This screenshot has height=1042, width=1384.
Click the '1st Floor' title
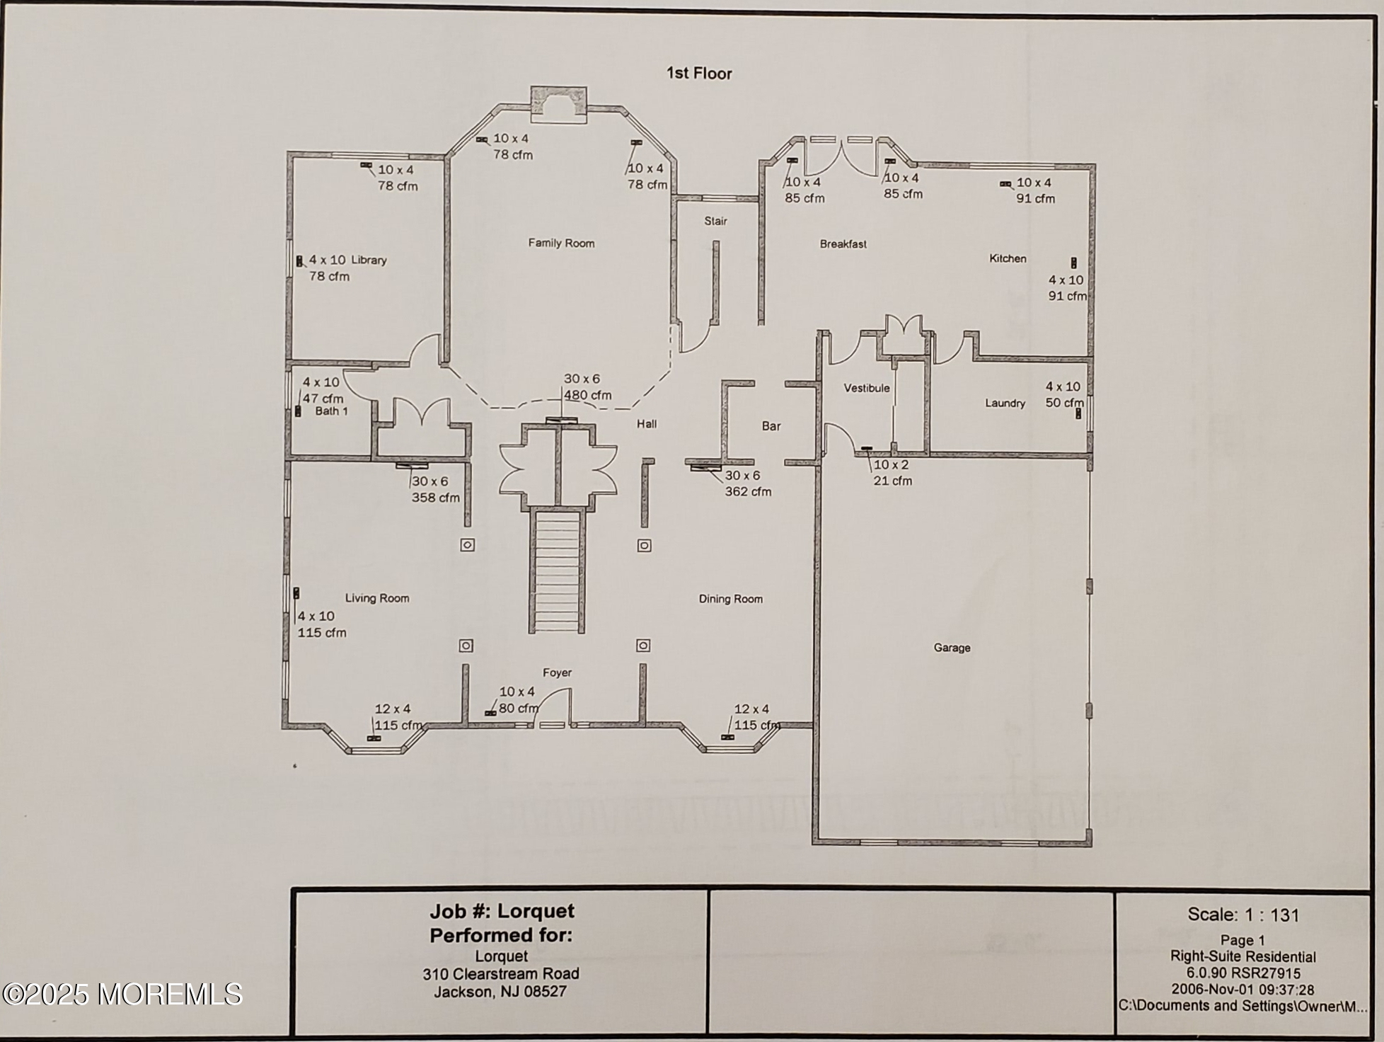[x=699, y=74]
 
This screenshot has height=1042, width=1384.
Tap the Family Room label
[x=561, y=244]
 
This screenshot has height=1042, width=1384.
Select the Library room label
[x=369, y=260]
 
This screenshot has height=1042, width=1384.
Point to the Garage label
[x=952, y=648]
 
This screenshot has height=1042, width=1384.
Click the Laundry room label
[x=1005, y=403]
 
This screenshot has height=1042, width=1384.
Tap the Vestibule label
[x=866, y=388]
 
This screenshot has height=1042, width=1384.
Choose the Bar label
[x=771, y=426]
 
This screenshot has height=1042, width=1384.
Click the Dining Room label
[x=731, y=599]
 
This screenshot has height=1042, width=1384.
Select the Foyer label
[x=557, y=672]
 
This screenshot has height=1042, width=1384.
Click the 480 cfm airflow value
[x=587, y=396]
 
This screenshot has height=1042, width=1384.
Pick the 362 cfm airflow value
[x=748, y=492]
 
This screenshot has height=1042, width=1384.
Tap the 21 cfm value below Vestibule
[x=892, y=481]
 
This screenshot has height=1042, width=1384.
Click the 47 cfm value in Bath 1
[x=323, y=399]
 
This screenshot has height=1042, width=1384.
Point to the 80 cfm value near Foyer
[x=518, y=709]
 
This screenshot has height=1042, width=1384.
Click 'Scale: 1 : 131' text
[x=1243, y=915]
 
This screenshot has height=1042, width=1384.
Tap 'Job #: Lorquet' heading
[x=502, y=911]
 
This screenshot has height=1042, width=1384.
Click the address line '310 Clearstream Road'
[x=501, y=974]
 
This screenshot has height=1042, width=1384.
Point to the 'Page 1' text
[x=1242, y=941]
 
